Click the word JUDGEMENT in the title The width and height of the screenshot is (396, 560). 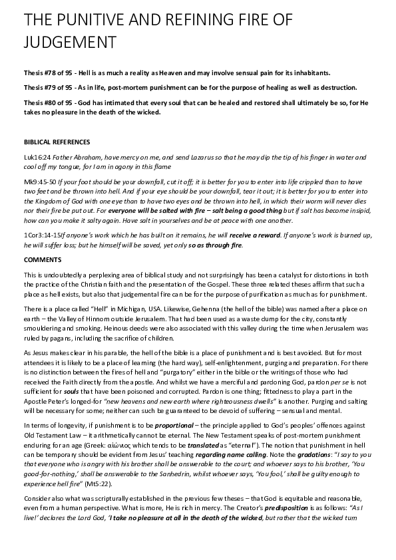[x=70, y=42]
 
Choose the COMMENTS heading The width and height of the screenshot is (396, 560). [x=42, y=259]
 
